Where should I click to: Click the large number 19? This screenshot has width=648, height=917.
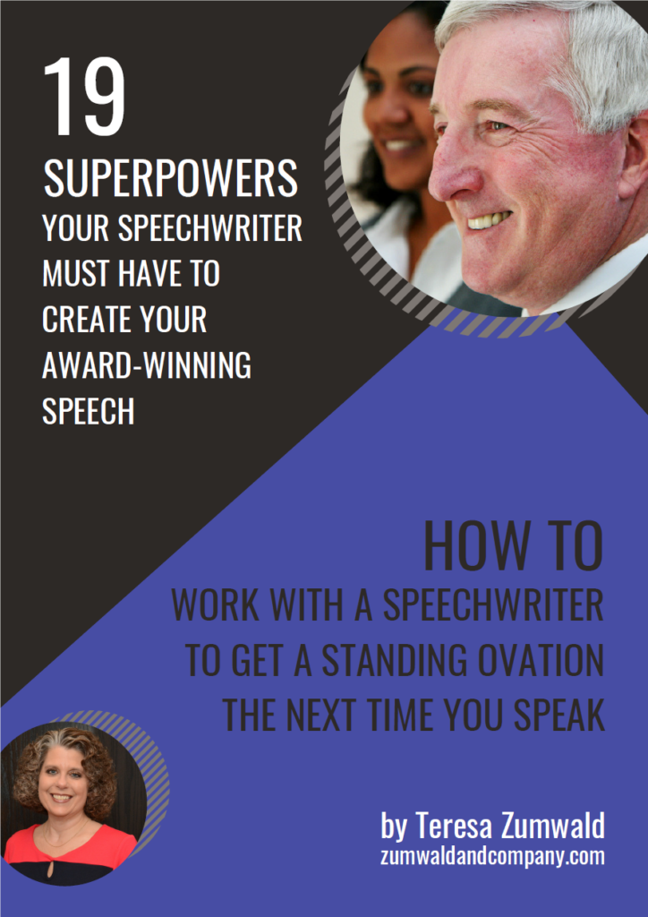tap(84, 96)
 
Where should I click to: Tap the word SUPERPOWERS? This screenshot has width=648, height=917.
tap(171, 178)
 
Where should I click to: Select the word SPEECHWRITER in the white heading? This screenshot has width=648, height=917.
tap(210, 227)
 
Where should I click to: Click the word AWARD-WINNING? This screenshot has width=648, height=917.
tap(147, 364)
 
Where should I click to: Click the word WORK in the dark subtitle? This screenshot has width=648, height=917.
tap(216, 605)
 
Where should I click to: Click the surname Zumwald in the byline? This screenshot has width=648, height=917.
tap(553, 827)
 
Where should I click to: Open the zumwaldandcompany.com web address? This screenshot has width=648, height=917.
tap(492, 857)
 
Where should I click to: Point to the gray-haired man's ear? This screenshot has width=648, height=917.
tap(634, 158)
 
